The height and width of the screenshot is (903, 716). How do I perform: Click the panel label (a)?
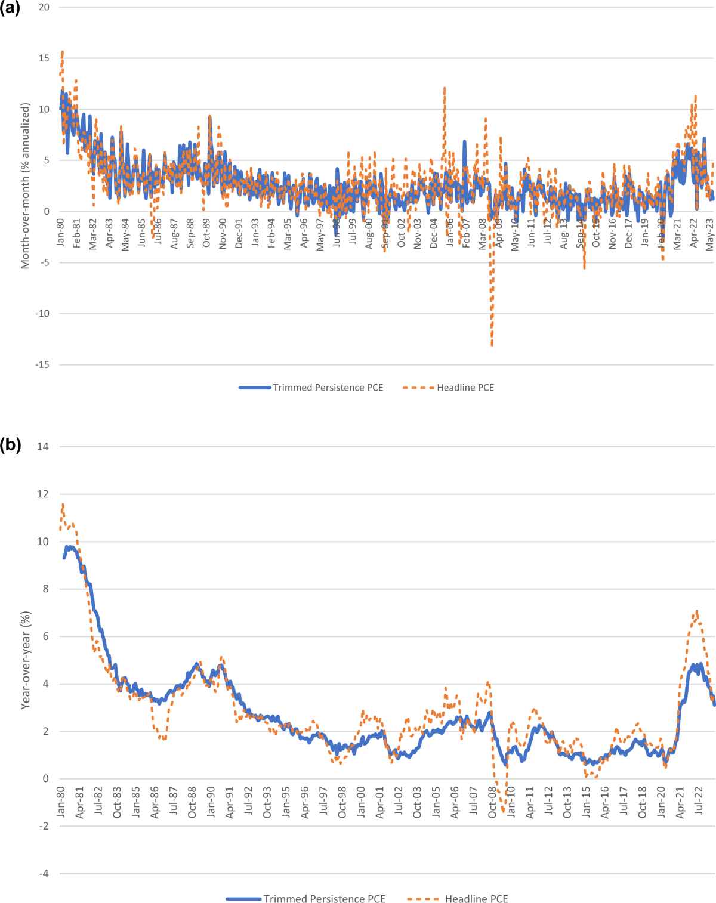click(10, 8)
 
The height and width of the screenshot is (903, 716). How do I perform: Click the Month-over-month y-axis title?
click(25, 185)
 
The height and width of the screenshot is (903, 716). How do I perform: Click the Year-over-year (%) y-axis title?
click(25, 660)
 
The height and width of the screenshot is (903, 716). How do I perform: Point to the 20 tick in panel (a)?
click(44, 7)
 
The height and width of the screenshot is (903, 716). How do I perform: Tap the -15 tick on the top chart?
click(42, 364)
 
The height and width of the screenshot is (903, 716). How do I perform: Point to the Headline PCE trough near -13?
click(492, 345)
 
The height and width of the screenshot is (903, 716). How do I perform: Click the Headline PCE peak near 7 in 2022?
click(697, 611)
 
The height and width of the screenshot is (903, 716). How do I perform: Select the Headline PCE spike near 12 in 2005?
click(445, 88)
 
